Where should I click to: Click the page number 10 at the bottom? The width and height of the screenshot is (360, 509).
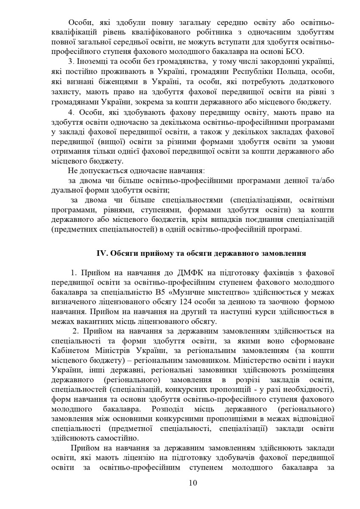coord(193,483)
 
